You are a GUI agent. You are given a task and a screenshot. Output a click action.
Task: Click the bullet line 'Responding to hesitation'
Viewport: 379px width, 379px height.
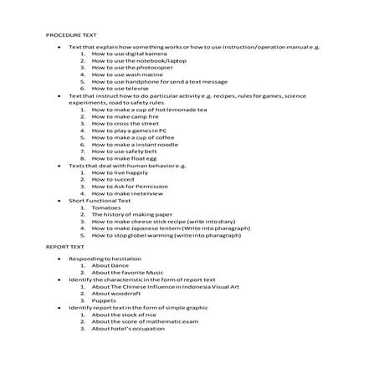(x=100, y=259)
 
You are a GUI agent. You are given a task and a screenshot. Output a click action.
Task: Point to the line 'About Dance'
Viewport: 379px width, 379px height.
(x=109, y=265)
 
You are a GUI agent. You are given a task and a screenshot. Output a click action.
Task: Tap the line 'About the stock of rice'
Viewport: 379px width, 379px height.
(x=122, y=315)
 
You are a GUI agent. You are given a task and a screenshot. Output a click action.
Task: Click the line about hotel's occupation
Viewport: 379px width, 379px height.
(x=126, y=329)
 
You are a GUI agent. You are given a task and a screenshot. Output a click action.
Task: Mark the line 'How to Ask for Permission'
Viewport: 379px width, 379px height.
(x=126, y=186)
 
